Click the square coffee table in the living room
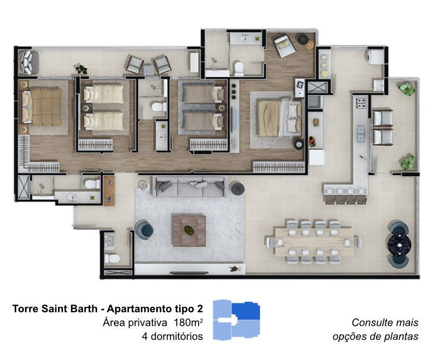[x=189, y=230]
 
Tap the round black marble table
[x=399, y=245]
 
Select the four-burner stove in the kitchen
[x=361, y=103]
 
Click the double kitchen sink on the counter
[x=360, y=134]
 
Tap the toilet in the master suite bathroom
[x=238, y=68]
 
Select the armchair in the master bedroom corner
[x=285, y=46]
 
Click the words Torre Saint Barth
[x=55, y=308]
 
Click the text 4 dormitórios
[x=172, y=337]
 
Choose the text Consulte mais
[x=385, y=323]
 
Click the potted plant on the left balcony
[x=81, y=69]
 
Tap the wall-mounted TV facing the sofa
[x=189, y=273]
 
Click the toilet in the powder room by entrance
[x=112, y=259]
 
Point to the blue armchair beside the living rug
[x=144, y=230]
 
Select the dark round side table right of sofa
[x=237, y=189]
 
